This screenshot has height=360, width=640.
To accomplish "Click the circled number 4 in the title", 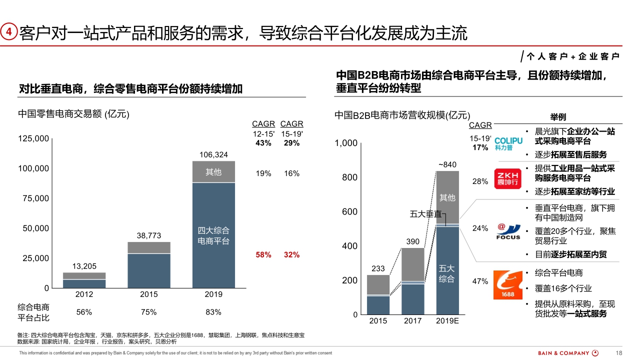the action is [8, 32].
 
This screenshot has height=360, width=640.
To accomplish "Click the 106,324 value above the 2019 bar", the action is [213, 154].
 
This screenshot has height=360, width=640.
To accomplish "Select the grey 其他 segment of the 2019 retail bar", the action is [213, 172].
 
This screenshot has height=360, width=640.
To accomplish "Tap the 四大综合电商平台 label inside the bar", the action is [213, 235].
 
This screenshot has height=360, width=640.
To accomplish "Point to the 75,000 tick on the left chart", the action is [34, 198].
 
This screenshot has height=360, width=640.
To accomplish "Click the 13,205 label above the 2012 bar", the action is [84, 266].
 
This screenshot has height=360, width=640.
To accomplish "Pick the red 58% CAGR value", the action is [263, 254].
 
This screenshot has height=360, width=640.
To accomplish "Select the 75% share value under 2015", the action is [148, 312].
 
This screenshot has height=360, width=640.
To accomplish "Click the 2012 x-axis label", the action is [84, 294].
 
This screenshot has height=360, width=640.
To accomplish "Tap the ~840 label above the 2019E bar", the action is [447, 164].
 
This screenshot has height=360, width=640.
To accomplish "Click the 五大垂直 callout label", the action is [425, 214].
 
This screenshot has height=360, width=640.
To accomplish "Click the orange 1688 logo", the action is [508, 284].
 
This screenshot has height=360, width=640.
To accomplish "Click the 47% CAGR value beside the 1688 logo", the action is [480, 281].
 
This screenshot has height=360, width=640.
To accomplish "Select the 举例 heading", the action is [558, 117].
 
